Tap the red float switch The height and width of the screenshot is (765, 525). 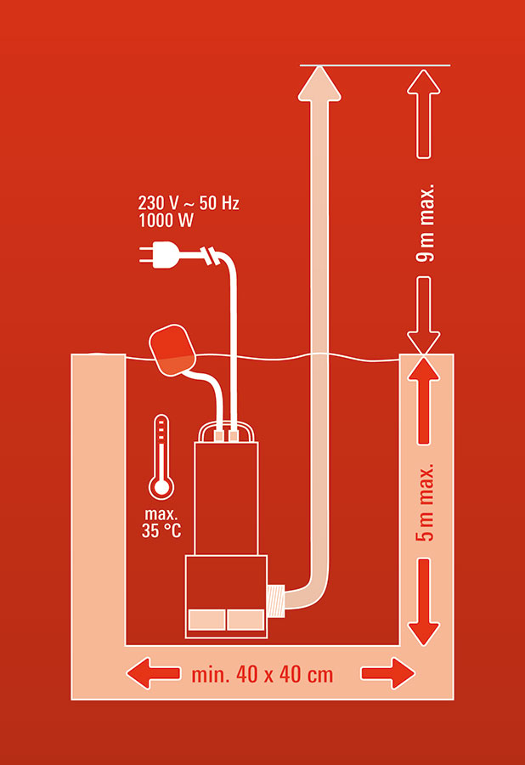(172, 350)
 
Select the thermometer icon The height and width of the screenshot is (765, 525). (161, 456)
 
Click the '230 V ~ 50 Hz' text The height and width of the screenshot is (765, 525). (189, 203)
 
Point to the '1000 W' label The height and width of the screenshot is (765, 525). (167, 220)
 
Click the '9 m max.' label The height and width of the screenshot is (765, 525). (425, 223)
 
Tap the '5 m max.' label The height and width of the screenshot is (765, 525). (425, 502)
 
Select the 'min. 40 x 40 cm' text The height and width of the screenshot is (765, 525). (262, 675)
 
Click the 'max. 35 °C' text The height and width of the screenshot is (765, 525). (161, 523)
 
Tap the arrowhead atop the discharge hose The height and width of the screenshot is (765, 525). (319, 83)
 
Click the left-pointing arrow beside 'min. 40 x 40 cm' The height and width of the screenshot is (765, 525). (153, 674)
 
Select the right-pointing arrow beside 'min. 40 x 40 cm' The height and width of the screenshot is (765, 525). (388, 674)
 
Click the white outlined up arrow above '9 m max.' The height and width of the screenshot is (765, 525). (424, 114)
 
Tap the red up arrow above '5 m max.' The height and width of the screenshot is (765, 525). (424, 400)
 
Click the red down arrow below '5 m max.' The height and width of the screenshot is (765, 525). (424, 602)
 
